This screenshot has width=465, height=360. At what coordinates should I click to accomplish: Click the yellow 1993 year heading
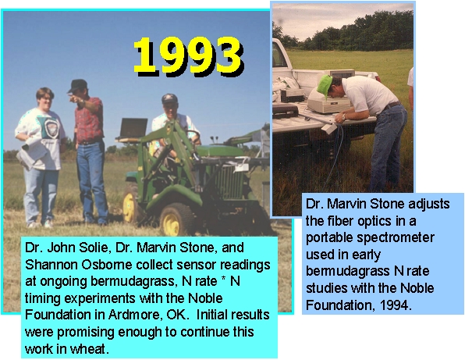click(x=189, y=56)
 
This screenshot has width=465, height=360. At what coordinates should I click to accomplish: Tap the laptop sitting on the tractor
click(x=132, y=129)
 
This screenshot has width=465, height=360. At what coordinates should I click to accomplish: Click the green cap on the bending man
click(x=324, y=86)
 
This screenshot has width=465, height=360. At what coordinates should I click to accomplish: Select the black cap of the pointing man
click(x=78, y=85)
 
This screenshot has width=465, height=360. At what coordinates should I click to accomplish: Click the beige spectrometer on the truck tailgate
click(x=328, y=102)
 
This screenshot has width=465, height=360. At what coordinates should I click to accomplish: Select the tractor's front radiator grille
click(x=229, y=182)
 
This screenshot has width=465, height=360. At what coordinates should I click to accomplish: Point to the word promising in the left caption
click(x=86, y=332)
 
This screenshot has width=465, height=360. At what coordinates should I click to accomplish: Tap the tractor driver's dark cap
click(x=169, y=98)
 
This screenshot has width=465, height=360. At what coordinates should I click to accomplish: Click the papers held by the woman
click(x=32, y=153)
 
